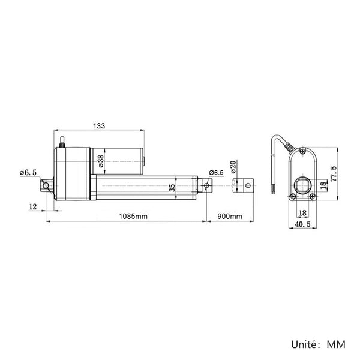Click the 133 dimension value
[99, 126]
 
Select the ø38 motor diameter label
[101, 161]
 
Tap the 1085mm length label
[133, 216]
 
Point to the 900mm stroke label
[230, 216]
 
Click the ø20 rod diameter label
[233, 167]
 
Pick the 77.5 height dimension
[334, 174]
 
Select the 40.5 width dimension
[302, 224]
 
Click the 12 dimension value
[33, 206]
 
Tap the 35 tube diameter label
[172, 188]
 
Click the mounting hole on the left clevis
[46, 185]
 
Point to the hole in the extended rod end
[248, 185]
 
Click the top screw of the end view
[303, 151]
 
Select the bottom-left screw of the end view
[293, 196]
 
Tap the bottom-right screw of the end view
[313, 196]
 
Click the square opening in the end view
[302, 185]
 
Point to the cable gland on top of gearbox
[62, 142]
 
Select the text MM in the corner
[336, 344]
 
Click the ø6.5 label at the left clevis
[28, 173]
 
